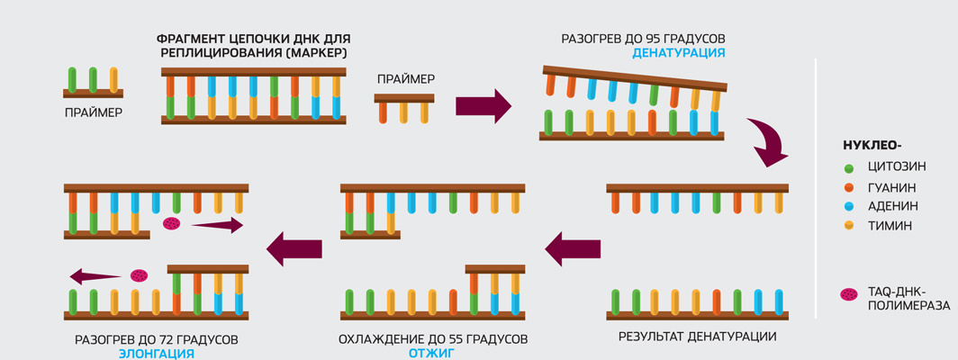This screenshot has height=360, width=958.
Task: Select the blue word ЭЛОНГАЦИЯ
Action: [157, 354]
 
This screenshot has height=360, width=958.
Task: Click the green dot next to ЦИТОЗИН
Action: [849, 168]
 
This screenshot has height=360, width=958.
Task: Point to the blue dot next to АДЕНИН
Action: [849, 206]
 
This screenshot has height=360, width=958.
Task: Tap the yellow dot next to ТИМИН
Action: [849, 226]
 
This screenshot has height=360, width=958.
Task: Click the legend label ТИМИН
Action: [890, 226]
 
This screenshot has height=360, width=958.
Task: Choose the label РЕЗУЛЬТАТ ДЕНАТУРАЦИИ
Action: [697, 337]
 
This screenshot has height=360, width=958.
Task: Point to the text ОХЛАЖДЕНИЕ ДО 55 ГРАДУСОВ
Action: [432, 339]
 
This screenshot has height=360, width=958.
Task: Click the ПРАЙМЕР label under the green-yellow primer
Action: [93, 113]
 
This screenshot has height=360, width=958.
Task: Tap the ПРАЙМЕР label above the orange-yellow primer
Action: [405, 79]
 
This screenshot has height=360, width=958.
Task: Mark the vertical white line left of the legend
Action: [815, 189]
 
